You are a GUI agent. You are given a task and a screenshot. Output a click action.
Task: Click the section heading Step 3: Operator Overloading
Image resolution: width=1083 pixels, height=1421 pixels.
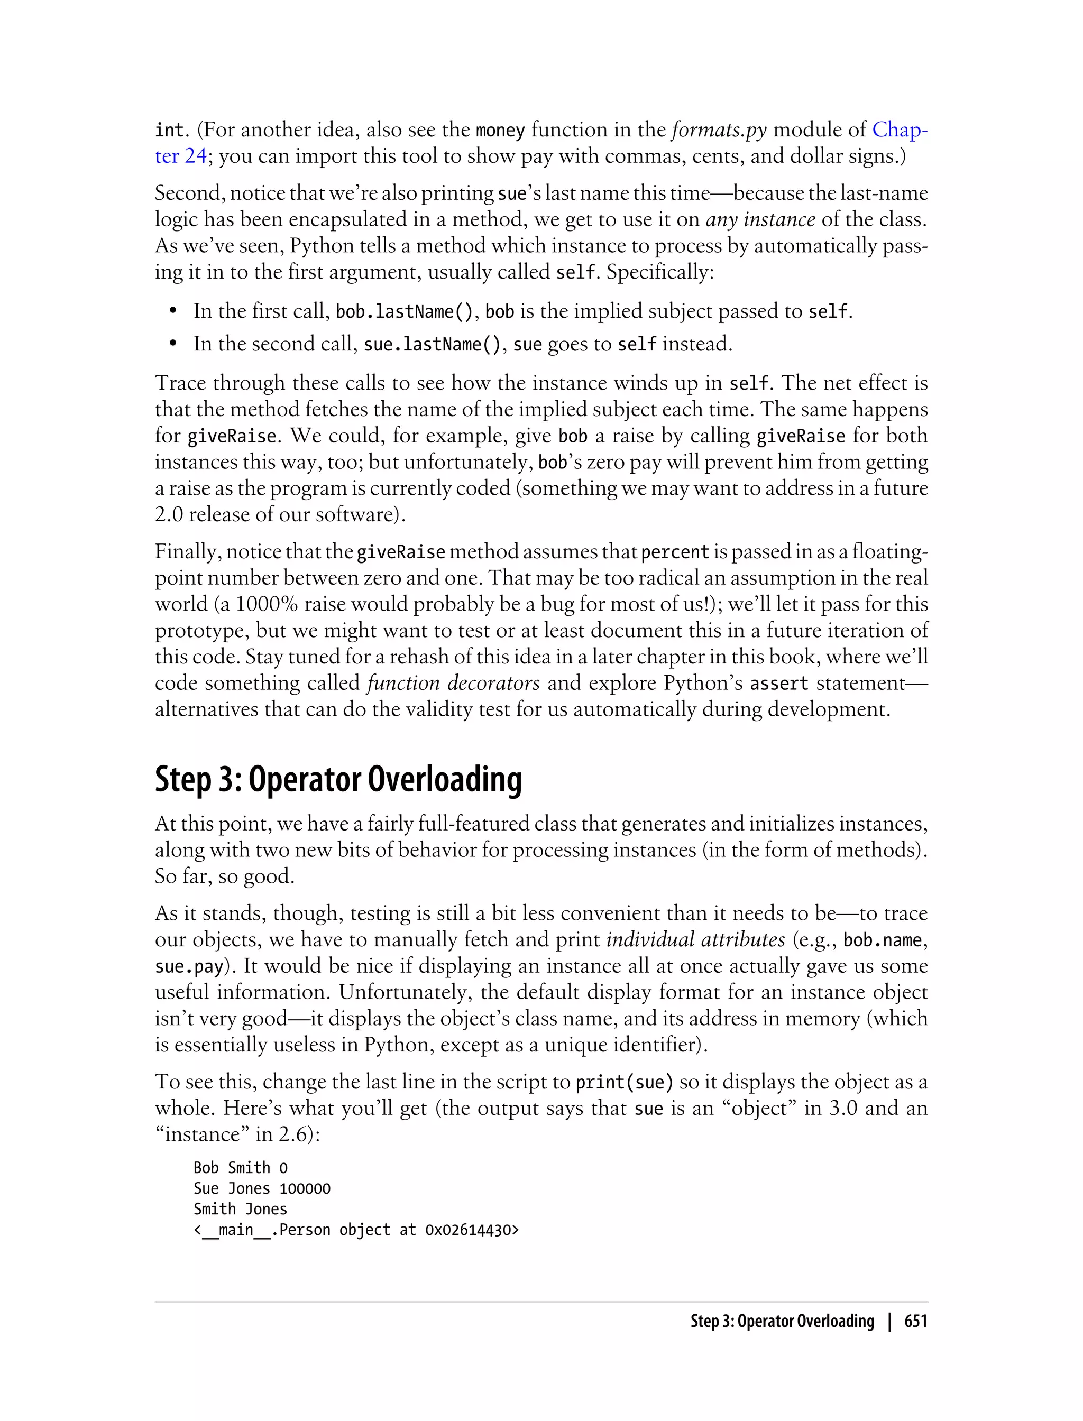(x=338, y=779)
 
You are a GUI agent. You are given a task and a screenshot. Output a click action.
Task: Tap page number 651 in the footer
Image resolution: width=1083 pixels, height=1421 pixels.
(x=915, y=1321)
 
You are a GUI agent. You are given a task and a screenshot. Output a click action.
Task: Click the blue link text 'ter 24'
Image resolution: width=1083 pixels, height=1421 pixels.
(x=180, y=156)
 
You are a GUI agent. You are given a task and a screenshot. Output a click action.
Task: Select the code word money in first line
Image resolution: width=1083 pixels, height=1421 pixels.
(x=500, y=131)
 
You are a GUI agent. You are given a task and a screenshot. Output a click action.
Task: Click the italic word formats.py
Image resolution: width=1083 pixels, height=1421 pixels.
(x=719, y=131)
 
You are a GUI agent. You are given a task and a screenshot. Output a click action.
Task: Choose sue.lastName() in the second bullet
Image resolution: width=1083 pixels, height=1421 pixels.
(x=432, y=345)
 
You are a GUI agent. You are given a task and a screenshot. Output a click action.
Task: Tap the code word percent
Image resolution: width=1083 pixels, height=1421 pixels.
(x=675, y=552)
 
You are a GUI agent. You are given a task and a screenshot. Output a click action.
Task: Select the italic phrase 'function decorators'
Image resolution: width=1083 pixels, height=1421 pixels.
(x=453, y=683)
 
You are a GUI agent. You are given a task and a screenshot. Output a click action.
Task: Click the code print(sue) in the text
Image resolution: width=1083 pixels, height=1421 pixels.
(x=624, y=1082)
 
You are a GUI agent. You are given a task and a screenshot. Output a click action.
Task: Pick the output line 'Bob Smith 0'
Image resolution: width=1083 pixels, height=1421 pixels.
(x=241, y=1168)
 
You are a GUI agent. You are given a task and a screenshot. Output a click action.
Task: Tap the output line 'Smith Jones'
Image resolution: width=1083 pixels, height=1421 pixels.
(x=240, y=1209)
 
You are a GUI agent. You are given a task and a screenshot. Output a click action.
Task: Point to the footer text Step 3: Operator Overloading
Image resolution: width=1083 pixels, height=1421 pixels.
(x=782, y=1321)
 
